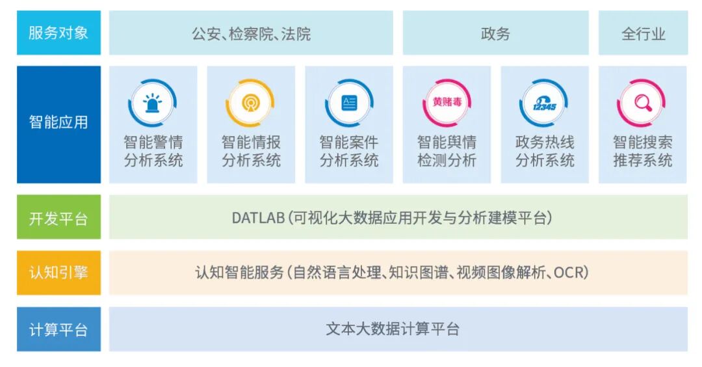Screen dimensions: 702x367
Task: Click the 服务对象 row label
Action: tap(58, 33)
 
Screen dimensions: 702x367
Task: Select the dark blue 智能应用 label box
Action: tap(58, 122)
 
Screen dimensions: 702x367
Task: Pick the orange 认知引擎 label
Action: tap(58, 273)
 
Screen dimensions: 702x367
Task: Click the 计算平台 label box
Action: tap(58, 329)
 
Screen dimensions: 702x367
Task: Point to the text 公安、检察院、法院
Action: tap(251, 33)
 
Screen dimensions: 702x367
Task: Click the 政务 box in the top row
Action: tap(495, 33)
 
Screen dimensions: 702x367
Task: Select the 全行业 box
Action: tap(643, 33)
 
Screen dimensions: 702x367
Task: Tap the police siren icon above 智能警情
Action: tap(153, 102)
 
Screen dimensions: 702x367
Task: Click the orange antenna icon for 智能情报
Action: tap(250, 102)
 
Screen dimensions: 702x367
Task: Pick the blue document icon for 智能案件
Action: tap(349, 102)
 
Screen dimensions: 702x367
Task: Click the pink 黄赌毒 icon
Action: tap(447, 102)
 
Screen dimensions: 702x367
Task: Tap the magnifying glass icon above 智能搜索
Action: tap(642, 102)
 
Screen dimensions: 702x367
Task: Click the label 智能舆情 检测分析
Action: tap(447, 151)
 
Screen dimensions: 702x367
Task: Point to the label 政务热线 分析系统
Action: tap(545, 151)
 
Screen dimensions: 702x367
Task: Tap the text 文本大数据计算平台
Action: tap(393, 329)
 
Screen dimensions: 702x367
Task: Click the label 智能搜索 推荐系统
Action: tap(642, 151)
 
